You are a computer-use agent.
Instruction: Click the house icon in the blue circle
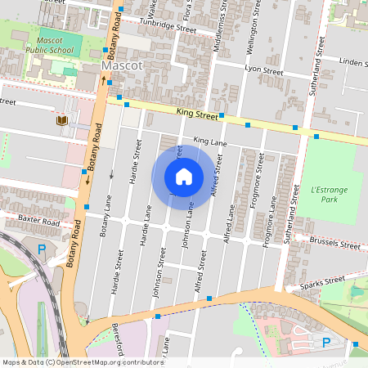[x=184, y=176]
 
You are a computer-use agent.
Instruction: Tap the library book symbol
[x=61, y=121]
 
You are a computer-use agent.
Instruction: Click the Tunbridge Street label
[x=168, y=27]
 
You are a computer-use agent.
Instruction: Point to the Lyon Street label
[x=263, y=72]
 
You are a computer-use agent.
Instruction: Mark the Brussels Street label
[x=336, y=244]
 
